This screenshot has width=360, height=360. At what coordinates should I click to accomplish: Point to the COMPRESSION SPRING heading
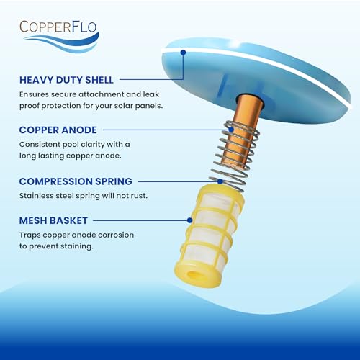click(76, 181)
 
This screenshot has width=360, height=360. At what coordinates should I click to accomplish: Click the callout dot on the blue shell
click(184, 52)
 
